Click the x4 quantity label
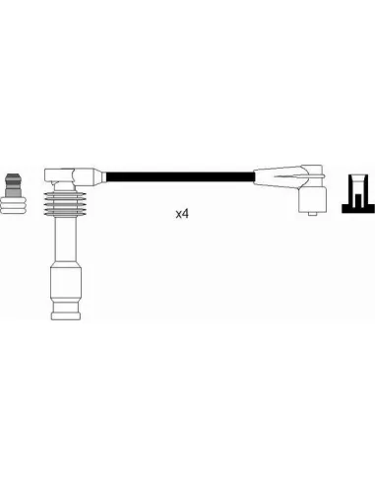pos(182,214)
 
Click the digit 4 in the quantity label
pos(185,214)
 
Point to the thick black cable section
pos(180,176)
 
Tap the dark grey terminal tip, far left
pos(13,184)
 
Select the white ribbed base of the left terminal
pos(13,205)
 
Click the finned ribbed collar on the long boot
pos(65,204)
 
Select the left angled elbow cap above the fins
pos(59,175)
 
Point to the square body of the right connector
pos(313,199)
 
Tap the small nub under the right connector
pos(313,214)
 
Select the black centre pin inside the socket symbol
pos(358,201)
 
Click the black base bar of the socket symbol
pos(358,209)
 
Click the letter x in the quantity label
pos(179,215)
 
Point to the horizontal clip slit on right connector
pos(288,176)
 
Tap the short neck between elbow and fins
pos(65,186)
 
